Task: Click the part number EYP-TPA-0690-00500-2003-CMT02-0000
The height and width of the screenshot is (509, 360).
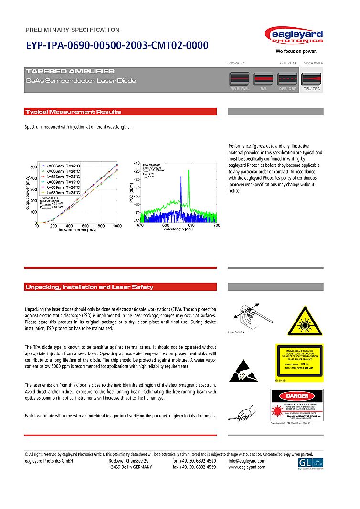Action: (x=117, y=46)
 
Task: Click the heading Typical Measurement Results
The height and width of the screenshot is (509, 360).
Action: (x=73, y=112)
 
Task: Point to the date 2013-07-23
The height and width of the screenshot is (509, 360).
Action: (x=287, y=63)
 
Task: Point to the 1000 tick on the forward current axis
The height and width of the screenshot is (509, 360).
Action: (x=116, y=226)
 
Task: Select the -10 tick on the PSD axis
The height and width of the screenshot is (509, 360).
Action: (x=137, y=163)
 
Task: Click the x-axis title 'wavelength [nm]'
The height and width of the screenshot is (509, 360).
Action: (x=178, y=230)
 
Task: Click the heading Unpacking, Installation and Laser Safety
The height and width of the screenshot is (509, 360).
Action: (x=89, y=287)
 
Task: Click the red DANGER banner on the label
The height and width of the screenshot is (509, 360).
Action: (x=297, y=396)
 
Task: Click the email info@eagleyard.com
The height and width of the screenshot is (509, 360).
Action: (x=246, y=461)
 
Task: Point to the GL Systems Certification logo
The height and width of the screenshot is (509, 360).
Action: (x=309, y=464)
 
